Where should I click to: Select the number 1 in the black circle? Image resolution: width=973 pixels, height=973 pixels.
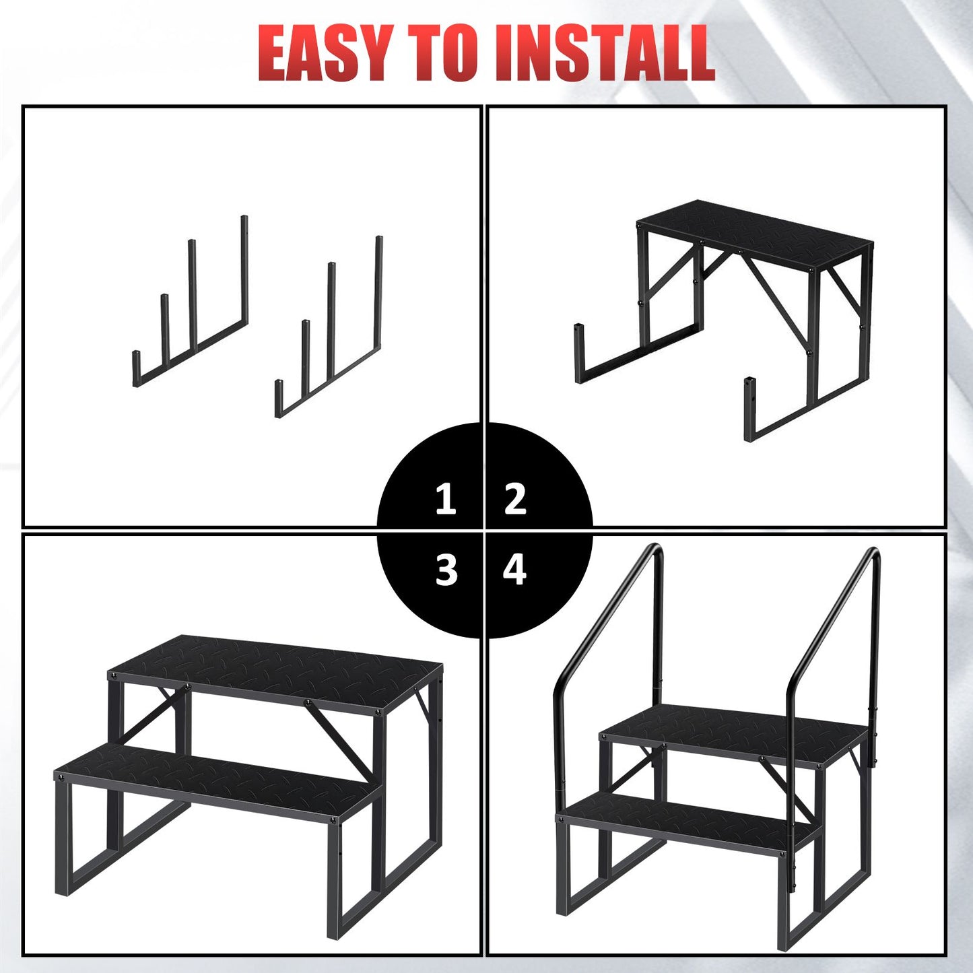pyautogui.click(x=446, y=500)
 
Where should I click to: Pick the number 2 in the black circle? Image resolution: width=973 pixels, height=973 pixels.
pyautogui.click(x=515, y=499)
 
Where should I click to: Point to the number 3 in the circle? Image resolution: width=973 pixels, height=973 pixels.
pyautogui.click(x=446, y=570)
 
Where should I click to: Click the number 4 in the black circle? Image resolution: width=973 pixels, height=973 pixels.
pyautogui.click(x=515, y=570)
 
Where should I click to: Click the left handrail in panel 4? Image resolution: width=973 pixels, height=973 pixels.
pyautogui.click(x=609, y=636)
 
